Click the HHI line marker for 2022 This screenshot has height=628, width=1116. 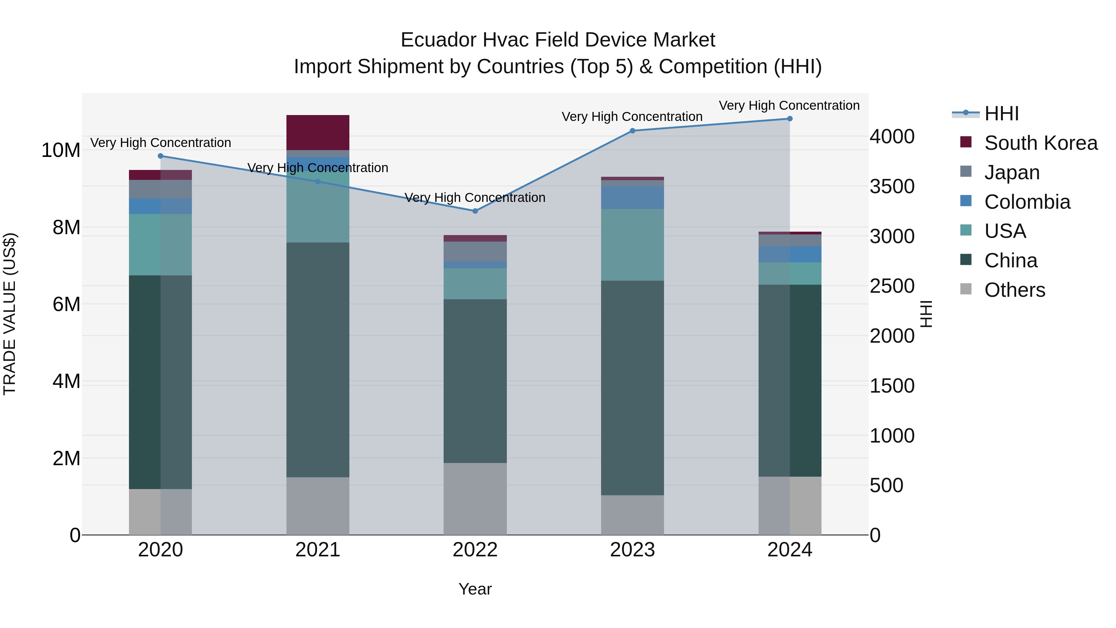(x=475, y=211)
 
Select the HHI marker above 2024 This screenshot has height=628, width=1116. (x=789, y=119)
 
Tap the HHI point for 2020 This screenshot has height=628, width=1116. (x=160, y=156)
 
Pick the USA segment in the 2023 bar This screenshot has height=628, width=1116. (x=632, y=245)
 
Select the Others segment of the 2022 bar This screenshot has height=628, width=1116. (x=475, y=498)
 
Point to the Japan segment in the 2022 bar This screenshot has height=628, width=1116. (x=475, y=252)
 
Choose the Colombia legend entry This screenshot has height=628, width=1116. (x=1027, y=202)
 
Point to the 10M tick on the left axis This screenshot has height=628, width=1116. (x=61, y=150)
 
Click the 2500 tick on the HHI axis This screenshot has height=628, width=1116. (x=892, y=286)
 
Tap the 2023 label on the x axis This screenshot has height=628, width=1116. (x=632, y=550)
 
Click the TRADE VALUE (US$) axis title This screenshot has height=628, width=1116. (x=10, y=314)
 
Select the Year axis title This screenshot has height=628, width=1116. (x=475, y=589)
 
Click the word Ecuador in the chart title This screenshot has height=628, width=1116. (x=438, y=40)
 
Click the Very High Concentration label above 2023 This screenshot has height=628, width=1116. (x=632, y=117)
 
